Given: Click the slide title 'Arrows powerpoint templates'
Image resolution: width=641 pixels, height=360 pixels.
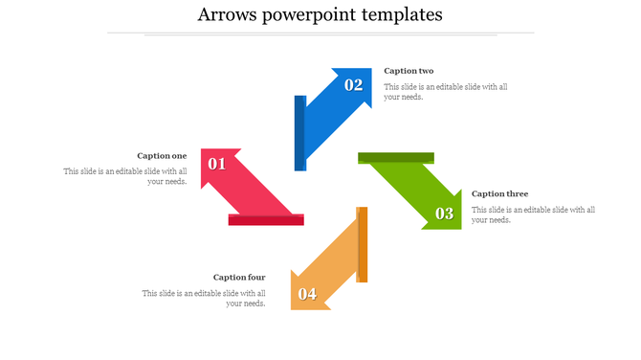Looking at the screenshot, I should [320, 14].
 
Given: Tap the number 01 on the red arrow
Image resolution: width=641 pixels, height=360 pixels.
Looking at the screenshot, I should [217, 164].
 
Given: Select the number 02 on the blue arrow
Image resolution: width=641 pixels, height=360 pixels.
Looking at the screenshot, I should [354, 84].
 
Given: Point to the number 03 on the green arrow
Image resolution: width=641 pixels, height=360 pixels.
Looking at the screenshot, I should [445, 214].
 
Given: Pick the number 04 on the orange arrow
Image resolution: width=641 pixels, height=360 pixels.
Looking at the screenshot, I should [307, 294].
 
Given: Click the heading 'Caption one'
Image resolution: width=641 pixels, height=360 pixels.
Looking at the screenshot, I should [162, 155].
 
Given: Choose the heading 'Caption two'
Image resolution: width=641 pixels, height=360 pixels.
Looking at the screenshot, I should [409, 71].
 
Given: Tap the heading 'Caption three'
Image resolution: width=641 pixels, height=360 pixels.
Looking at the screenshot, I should [499, 193].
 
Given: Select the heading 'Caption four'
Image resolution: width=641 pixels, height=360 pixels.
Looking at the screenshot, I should [239, 278].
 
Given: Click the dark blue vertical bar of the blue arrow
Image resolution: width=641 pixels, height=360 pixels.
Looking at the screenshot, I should [300, 133].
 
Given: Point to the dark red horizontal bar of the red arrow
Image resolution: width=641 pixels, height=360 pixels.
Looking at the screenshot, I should [266, 220].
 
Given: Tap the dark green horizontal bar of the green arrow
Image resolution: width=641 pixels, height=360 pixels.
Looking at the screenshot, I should [396, 158].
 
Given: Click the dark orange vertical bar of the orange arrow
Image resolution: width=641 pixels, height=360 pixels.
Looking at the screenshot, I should [363, 244].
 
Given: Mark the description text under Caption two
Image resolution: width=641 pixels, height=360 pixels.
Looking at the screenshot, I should [446, 92].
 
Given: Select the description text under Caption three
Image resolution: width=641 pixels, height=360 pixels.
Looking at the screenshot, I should [534, 214].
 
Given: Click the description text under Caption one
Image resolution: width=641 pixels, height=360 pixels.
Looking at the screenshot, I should [125, 177].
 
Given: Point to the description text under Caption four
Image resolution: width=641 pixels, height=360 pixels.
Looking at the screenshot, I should [204, 299].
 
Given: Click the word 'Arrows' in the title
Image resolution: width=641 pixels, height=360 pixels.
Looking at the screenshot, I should [230, 14].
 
